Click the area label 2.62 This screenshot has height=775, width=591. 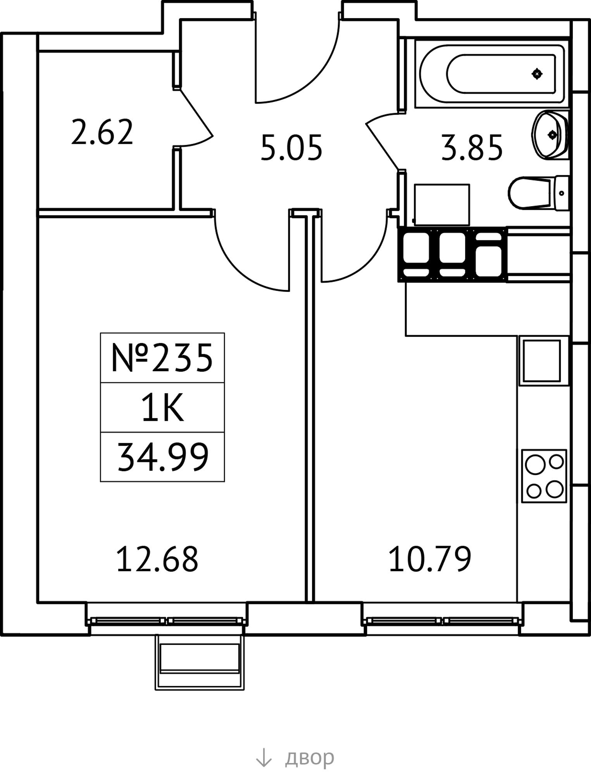tap(102, 133)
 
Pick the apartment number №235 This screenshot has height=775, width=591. tap(162, 358)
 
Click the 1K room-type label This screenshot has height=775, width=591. tap(162, 408)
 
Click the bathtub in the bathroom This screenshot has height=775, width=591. tap(492, 74)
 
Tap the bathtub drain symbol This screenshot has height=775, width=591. tap(537, 73)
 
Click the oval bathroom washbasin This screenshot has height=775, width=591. tap(550, 134)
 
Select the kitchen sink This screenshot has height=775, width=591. tap(542, 361)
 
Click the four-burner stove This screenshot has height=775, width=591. tap(544, 476)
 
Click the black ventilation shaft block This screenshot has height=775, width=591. tap(452, 254)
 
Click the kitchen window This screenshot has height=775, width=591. tap(442, 621)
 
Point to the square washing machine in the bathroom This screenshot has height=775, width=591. tap(442, 205)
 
